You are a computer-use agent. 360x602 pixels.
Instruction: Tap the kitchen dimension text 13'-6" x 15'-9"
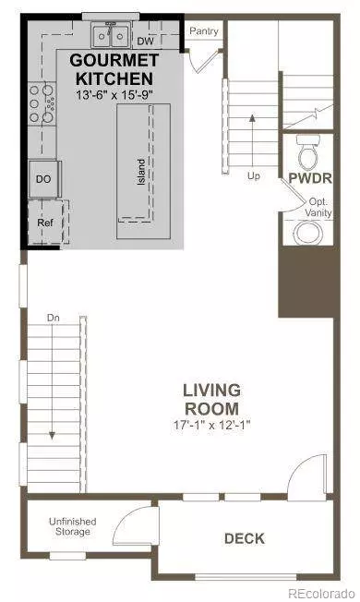[117, 94]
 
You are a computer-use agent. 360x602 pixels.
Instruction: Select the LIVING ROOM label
[210, 399]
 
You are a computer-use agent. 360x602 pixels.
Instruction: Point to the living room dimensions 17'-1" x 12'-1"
[210, 426]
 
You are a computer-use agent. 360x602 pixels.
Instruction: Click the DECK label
[245, 538]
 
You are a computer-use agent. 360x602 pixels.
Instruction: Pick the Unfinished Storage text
[72, 527]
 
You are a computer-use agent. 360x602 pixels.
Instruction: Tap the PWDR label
[305, 176]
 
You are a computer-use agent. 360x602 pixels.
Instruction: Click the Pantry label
[203, 31]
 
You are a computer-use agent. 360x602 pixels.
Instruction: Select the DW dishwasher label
[145, 41]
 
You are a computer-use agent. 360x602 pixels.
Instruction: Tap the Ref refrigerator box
[44, 223]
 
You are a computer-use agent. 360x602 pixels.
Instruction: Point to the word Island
[142, 171]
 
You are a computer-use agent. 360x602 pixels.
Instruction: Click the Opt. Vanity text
[319, 206]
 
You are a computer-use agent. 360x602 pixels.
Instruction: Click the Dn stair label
[54, 319]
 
